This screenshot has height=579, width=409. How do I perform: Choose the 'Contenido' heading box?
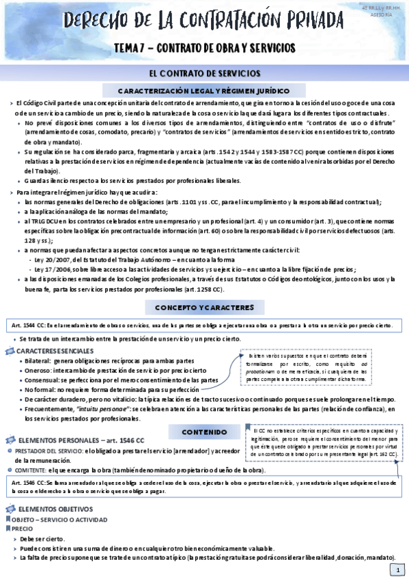coord(204,432)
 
